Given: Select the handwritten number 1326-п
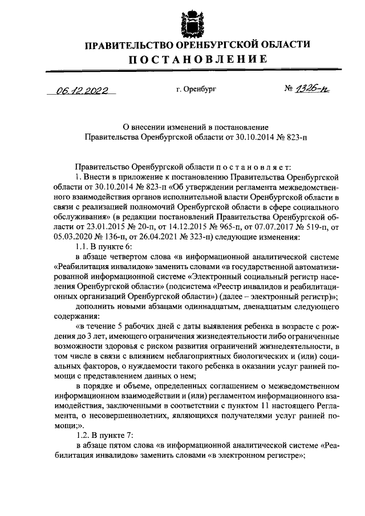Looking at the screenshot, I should click(x=308, y=89).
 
